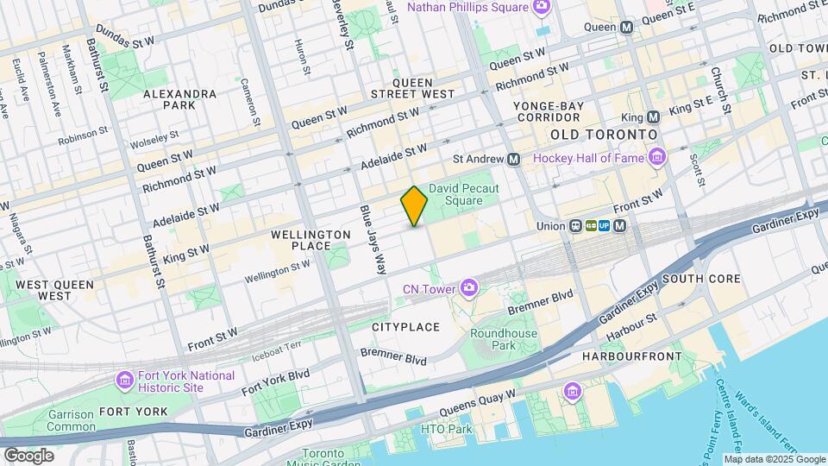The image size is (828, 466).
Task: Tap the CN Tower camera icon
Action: click(x=468, y=287)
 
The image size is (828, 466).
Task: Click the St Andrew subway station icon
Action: click(x=514, y=159)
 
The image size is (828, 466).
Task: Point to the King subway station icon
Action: click(x=653, y=116)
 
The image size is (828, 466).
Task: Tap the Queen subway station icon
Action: click(x=627, y=27)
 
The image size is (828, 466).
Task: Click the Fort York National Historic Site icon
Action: click(x=125, y=380)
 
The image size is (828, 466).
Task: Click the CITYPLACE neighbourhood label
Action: click(x=405, y=327)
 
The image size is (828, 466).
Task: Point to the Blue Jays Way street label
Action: click(x=373, y=240)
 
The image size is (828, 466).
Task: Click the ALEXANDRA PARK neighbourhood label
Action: click(x=179, y=99)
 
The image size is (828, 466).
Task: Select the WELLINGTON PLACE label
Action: click(x=310, y=240)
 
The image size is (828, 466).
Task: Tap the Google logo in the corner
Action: click(x=28, y=455)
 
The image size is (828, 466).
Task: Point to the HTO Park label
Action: click(x=446, y=429)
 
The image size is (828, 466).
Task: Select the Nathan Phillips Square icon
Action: click(x=542, y=8)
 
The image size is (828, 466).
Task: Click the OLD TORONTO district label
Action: click(x=604, y=135)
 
